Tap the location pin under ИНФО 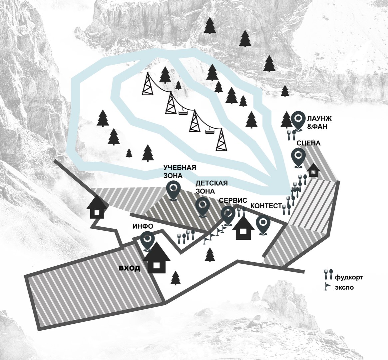pyautogui.click(x=147, y=240)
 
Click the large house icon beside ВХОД pyautogui.click(x=157, y=258)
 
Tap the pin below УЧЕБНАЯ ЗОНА pyautogui.click(x=173, y=190)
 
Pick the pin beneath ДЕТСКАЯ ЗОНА pyautogui.click(x=202, y=206)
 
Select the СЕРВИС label pyautogui.click(x=233, y=201)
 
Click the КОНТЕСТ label pyautogui.click(x=266, y=206)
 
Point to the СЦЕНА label pyautogui.click(x=308, y=143)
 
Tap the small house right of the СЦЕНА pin pyautogui.click(x=313, y=170)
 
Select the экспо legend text pyautogui.click(x=344, y=287)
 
